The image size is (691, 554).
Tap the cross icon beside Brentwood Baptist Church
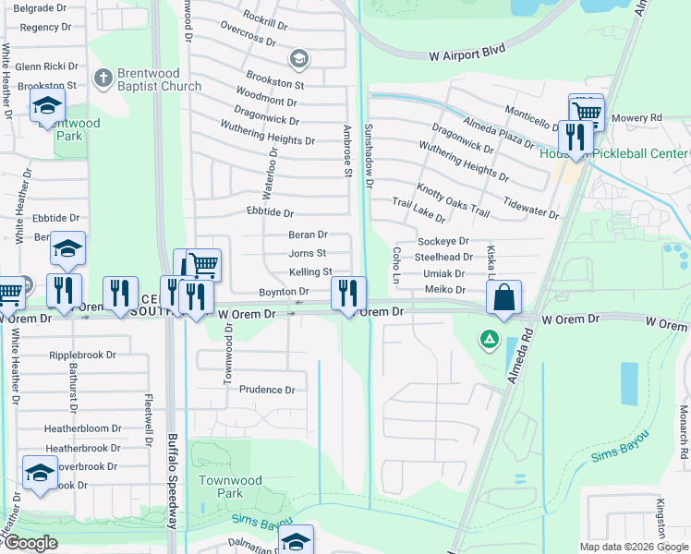pyautogui.click(x=103, y=78)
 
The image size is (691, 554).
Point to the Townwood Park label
pyautogui.click(x=230, y=487)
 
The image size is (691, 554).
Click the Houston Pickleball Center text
pyautogui.click(x=613, y=153)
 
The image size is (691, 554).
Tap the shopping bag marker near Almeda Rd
pyautogui.click(x=503, y=298)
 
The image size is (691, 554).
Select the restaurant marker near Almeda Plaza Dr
pyautogui.click(x=576, y=138)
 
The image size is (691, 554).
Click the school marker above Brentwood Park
pyautogui.click(x=47, y=106)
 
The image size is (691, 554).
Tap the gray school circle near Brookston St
pyautogui.click(x=297, y=60)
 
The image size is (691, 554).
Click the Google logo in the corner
pyautogui.click(x=30, y=543)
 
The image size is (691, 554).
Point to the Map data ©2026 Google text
pyautogui.click(x=634, y=547)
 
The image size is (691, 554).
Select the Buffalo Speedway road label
pyautogui.click(x=172, y=480)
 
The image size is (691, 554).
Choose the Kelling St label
pyautogui.click(x=309, y=272)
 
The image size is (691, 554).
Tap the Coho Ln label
pyautogui.click(x=395, y=264)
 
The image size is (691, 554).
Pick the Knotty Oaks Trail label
pyautogui.click(x=453, y=200)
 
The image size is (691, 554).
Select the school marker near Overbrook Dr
pyautogui.click(x=40, y=473)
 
